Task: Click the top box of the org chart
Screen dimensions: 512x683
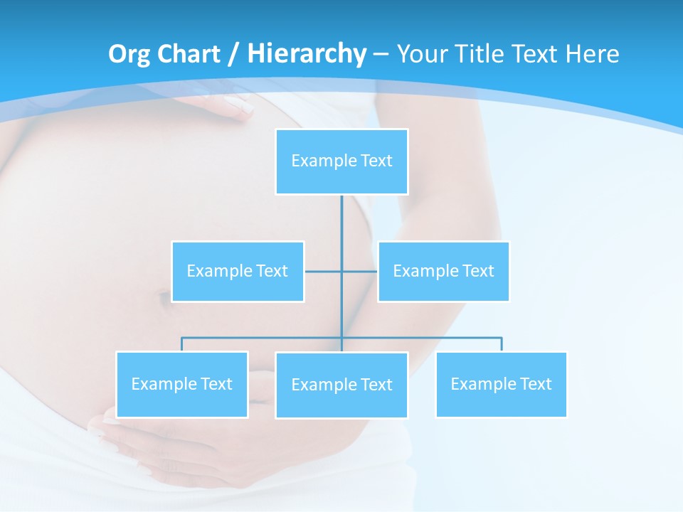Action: (341, 161)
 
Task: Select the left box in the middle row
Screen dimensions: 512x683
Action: (238, 272)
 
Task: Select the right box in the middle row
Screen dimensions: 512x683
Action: (443, 272)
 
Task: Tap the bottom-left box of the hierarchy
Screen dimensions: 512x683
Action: (182, 385)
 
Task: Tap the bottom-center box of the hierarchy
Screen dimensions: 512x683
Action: (341, 385)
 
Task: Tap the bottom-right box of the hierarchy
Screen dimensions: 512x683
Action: (501, 385)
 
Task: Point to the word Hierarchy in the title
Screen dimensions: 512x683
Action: (306, 54)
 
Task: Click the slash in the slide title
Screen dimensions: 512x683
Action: (234, 54)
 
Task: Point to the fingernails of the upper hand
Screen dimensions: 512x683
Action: (238, 107)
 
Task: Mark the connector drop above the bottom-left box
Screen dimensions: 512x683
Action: (182, 344)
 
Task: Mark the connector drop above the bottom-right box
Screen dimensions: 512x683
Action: (501, 344)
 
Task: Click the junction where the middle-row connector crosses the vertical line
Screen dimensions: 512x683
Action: (341, 272)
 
